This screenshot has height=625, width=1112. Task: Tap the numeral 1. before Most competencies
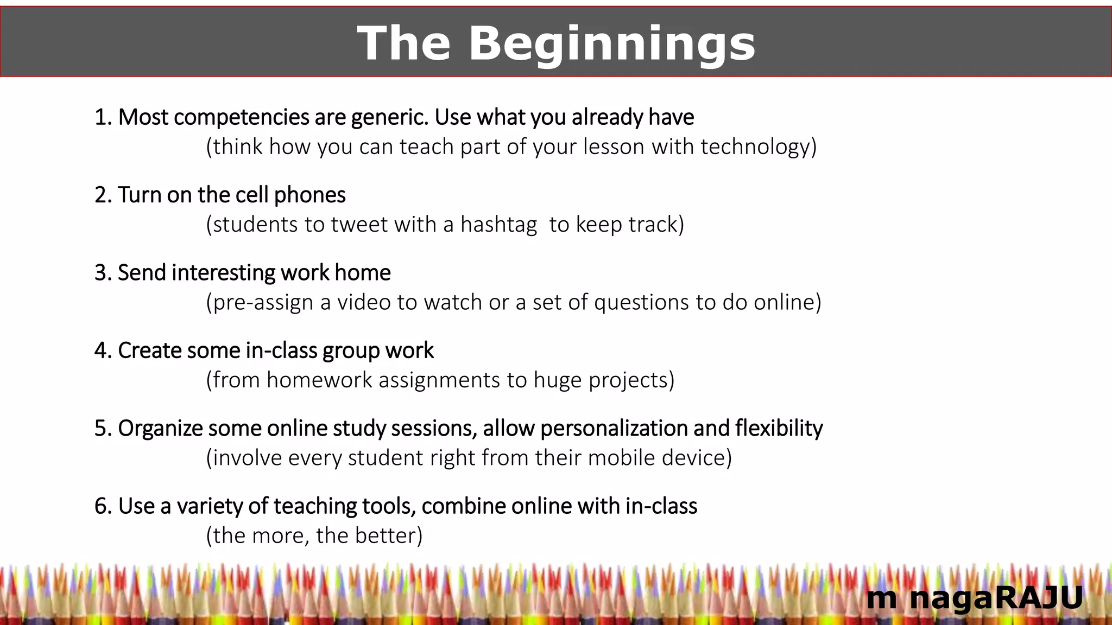click(103, 117)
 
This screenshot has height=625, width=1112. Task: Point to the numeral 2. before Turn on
click(103, 195)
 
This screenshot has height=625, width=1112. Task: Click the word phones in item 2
click(309, 195)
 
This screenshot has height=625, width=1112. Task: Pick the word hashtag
click(498, 224)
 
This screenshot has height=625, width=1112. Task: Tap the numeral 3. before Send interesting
click(103, 272)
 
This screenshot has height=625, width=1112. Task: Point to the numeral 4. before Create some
click(103, 350)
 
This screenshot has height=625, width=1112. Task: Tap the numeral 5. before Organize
click(103, 428)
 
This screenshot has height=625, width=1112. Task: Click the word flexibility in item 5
click(779, 428)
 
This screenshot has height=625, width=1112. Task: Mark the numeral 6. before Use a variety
click(103, 506)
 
